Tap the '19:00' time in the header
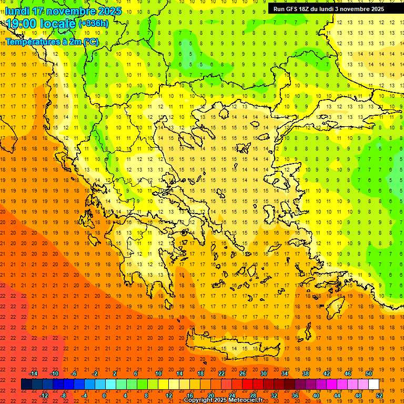[x=20, y=23]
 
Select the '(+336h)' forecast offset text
[x=94, y=24]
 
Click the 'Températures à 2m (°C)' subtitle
[x=52, y=42]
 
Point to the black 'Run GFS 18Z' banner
[x=328, y=9]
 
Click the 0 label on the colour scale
[x=104, y=395]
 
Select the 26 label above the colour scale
[x=243, y=373]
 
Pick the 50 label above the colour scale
[x=368, y=373]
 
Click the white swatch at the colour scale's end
[x=373, y=384]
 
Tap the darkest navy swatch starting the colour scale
[x=26, y=384]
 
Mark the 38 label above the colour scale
[x=305, y=373]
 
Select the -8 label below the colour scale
[x=63, y=395]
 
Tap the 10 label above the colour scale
[x=158, y=373]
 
